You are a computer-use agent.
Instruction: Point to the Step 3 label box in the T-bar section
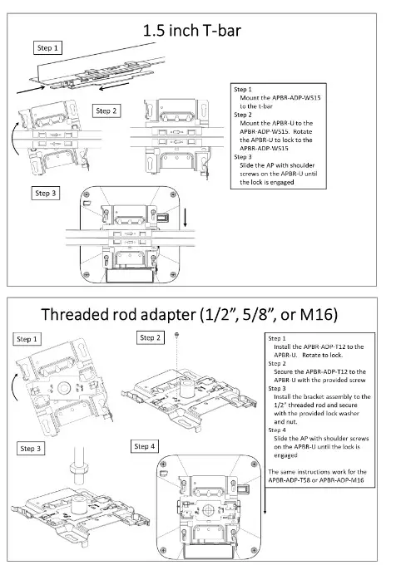pos(47,194)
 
